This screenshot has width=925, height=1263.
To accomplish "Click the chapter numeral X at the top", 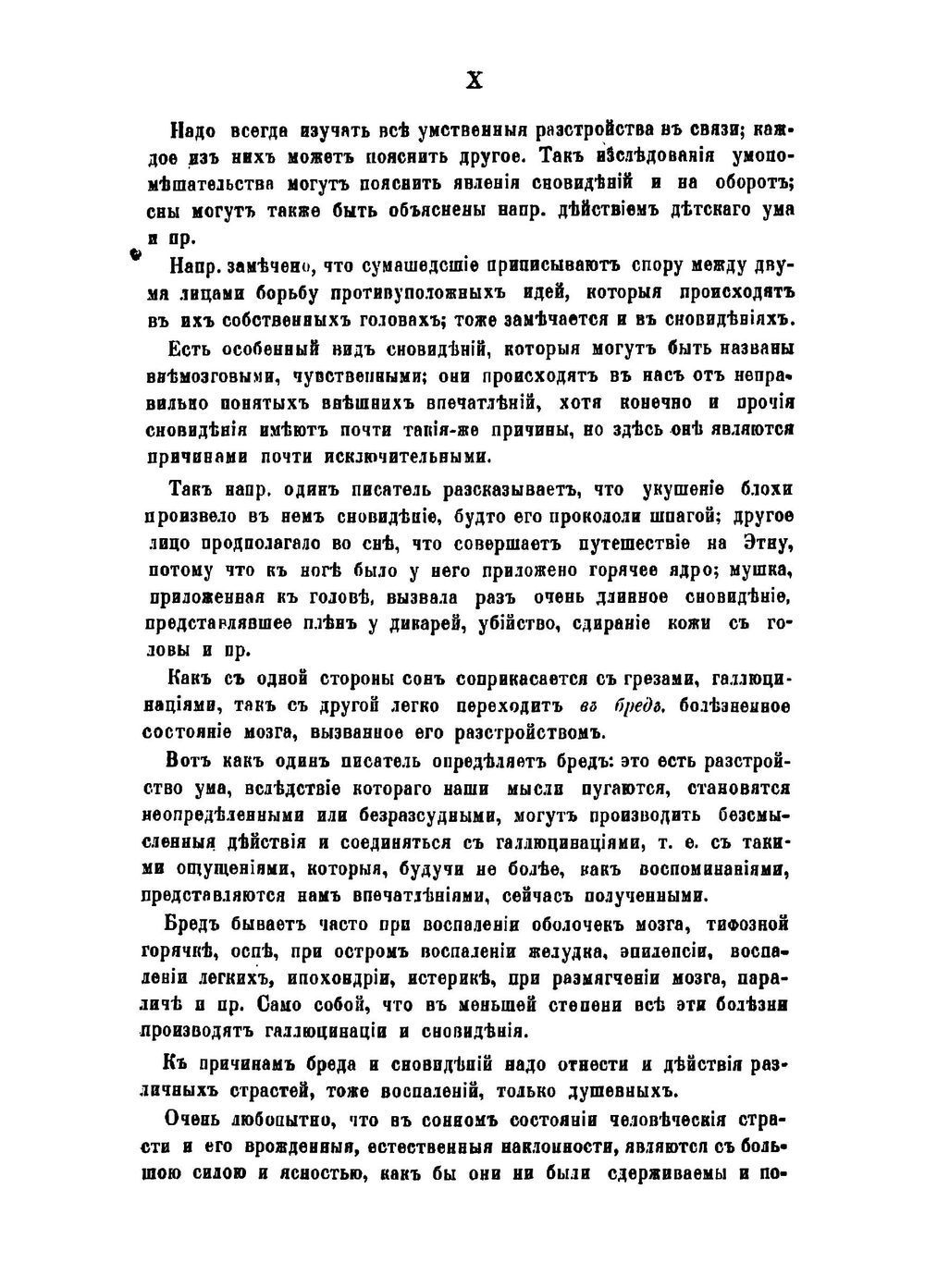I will click(473, 80).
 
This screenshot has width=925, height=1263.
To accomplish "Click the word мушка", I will click(763, 570).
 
